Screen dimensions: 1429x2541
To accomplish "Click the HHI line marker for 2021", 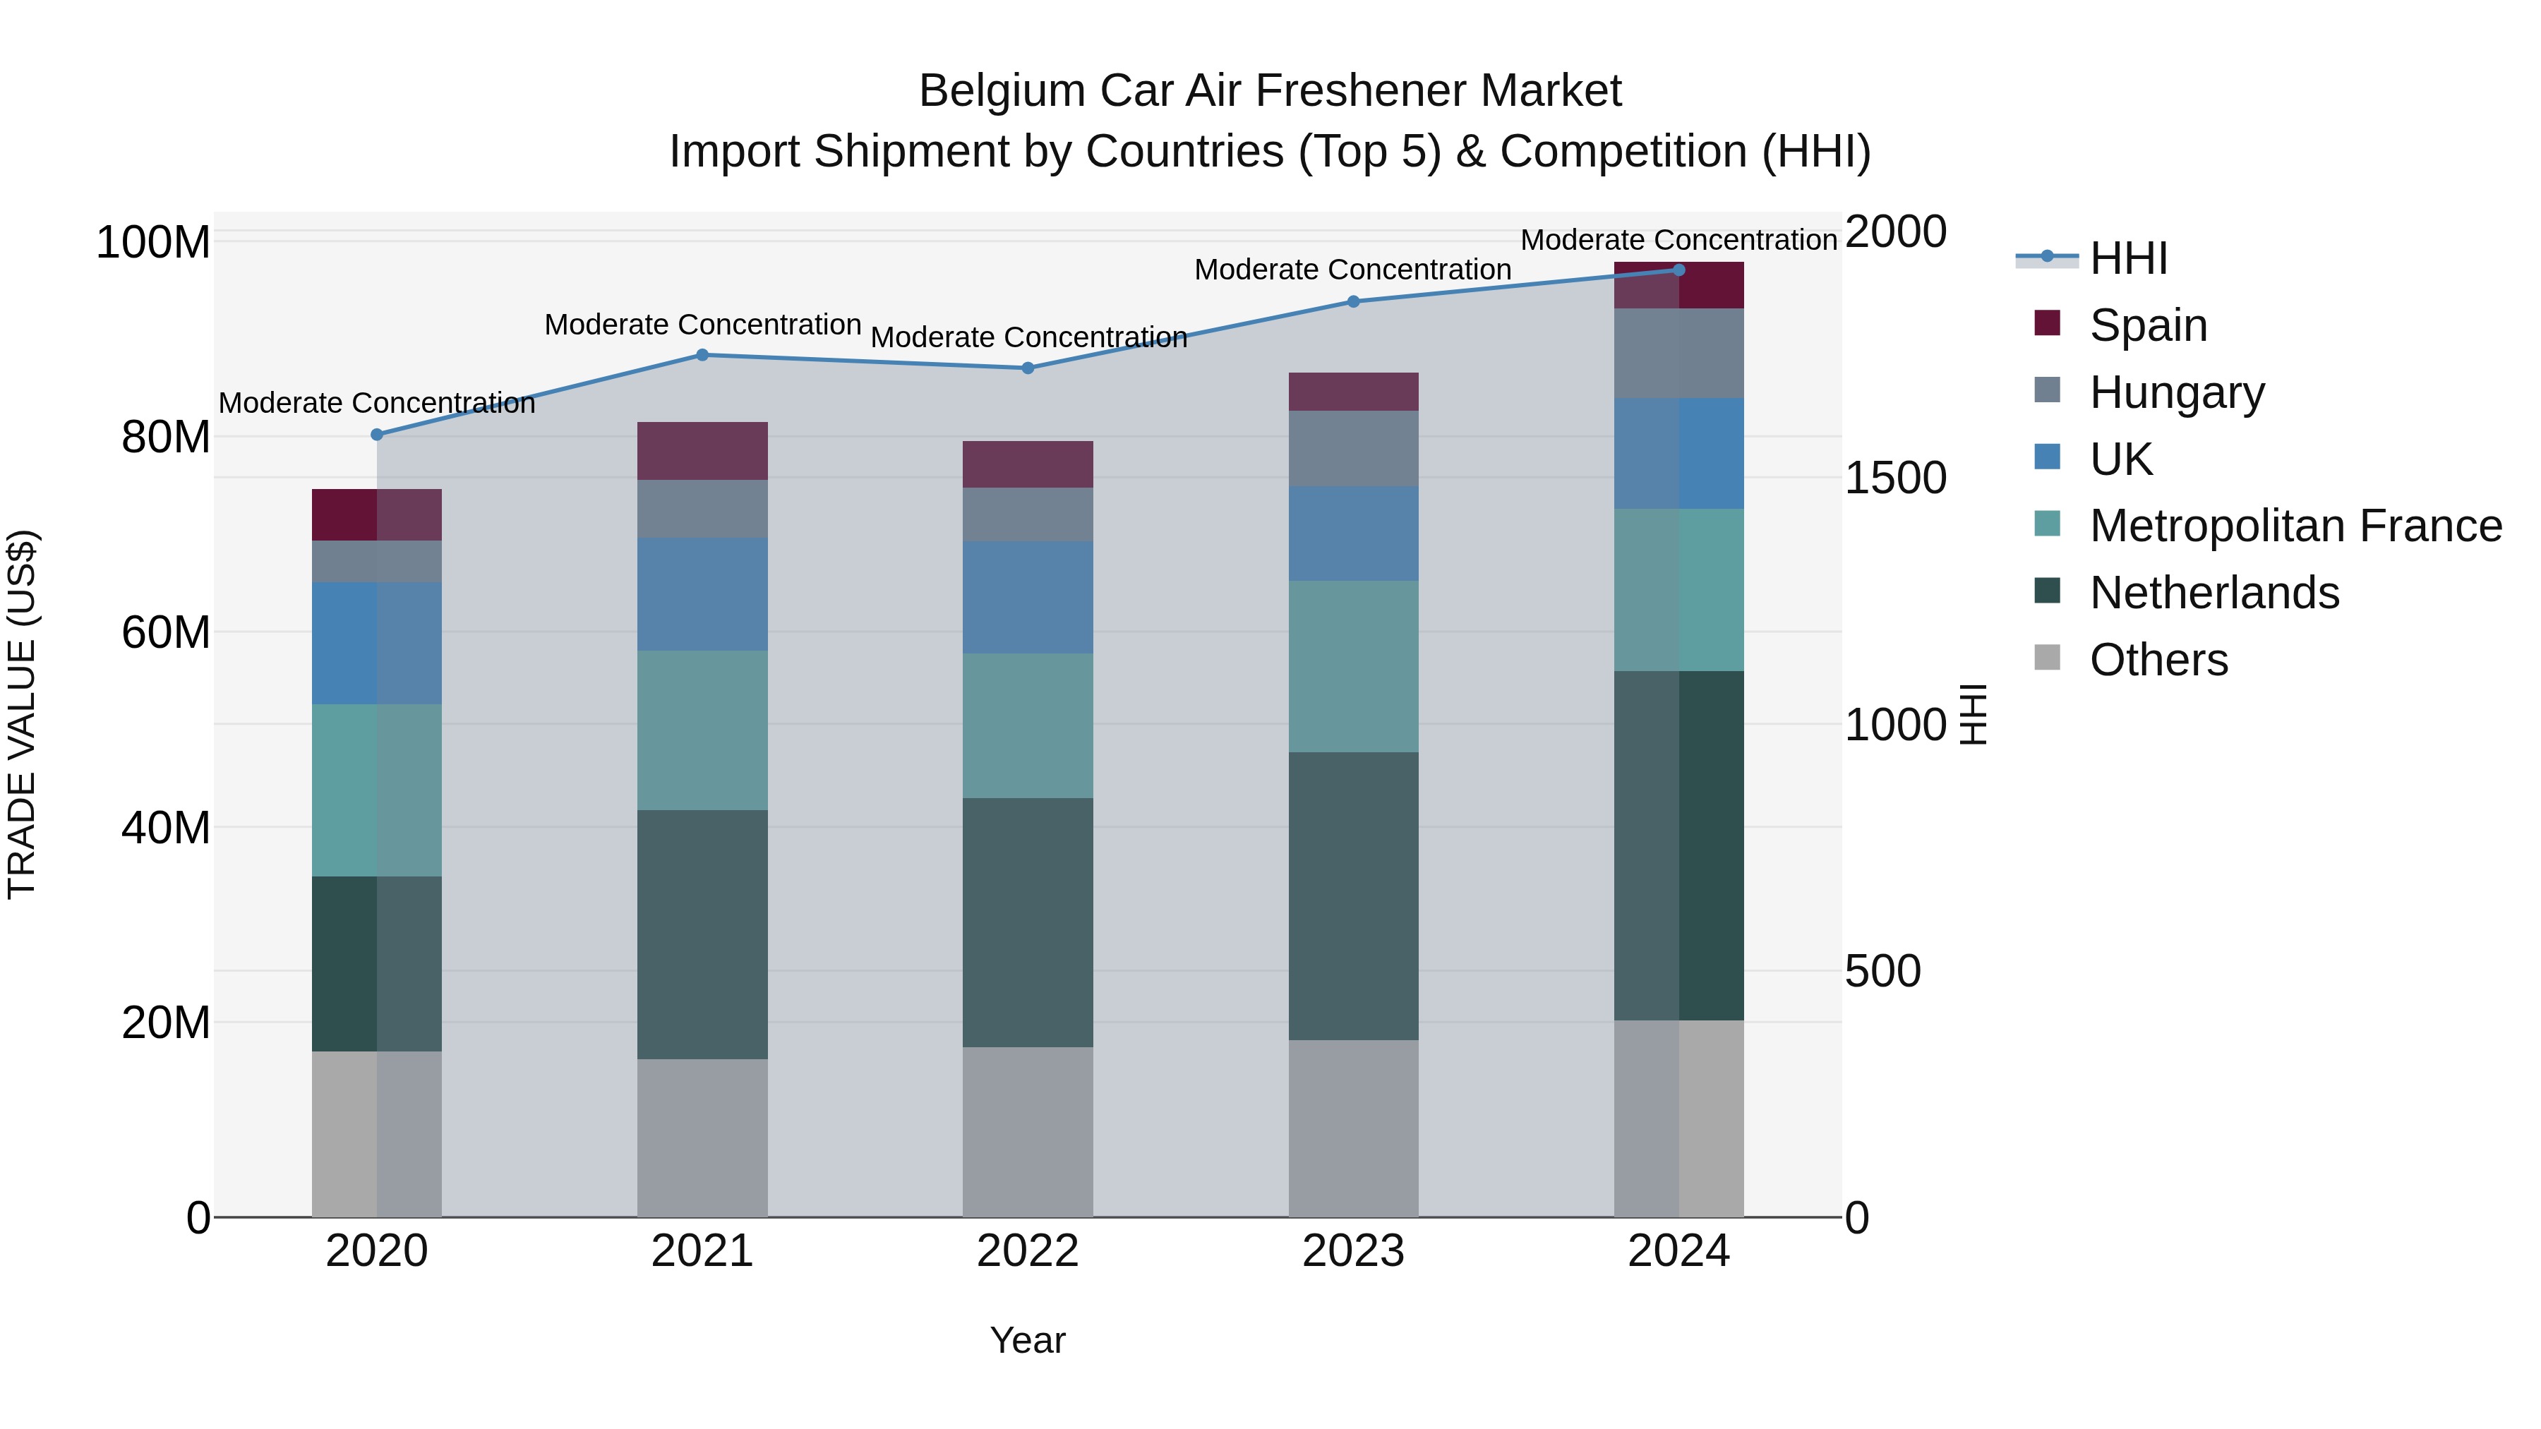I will coord(702,355).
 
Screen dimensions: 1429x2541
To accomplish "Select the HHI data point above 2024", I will coord(1679,270).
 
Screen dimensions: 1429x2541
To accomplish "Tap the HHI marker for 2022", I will coord(1028,368).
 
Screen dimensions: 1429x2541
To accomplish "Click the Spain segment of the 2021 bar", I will coord(702,451).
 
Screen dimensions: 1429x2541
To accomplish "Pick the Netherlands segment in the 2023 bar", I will coord(1353,896).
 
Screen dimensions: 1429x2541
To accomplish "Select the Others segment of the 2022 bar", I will coord(1028,1131).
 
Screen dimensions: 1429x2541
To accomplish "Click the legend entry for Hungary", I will coord(2176,392).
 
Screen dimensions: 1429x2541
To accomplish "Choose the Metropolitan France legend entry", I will coord(2295,526).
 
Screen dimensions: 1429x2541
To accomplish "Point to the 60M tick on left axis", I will coord(166,632).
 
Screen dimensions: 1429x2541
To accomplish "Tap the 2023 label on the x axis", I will coord(1353,1251).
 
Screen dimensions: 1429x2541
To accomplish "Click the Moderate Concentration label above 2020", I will coord(377,404).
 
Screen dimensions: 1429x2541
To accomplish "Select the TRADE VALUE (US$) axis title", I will coord(22,714).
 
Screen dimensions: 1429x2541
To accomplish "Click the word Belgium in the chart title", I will coord(1002,92).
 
